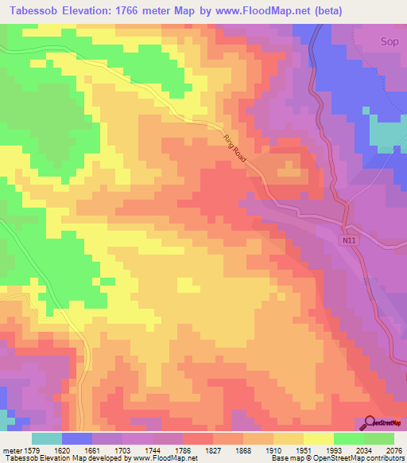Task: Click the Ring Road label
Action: coord(236,148)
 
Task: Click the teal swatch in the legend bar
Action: coord(46,438)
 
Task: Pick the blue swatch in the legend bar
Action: coord(76,438)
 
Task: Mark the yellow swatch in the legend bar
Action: coord(318,438)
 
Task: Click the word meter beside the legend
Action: coord(11,449)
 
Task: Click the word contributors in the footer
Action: coord(386,458)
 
